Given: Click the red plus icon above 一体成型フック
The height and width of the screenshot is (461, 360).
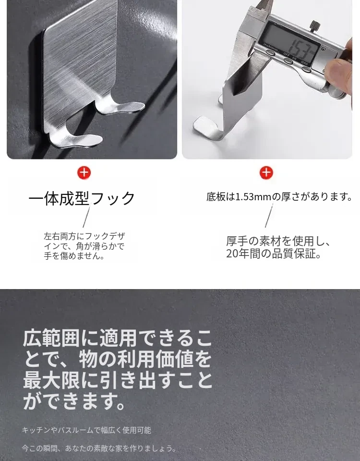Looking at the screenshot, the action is click(x=84, y=173).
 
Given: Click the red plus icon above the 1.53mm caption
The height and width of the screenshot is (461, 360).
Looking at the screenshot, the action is click(x=266, y=173).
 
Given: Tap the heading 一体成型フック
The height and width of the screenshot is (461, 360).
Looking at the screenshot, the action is click(x=82, y=198).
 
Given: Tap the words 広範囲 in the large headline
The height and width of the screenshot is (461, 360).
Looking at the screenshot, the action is click(x=51, y=339).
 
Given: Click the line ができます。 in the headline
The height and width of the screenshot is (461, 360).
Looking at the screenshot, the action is click(x=75, y=402).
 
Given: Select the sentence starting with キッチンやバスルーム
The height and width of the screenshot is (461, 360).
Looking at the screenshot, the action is click(x=86, y=430).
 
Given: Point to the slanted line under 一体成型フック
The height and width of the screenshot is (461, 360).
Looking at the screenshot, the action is click(x=86, y=217).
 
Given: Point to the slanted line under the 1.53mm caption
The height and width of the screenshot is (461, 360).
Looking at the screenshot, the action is click(x=269, y=216).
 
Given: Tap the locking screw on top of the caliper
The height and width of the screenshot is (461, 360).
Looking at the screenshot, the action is click(x=315, y=25).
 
